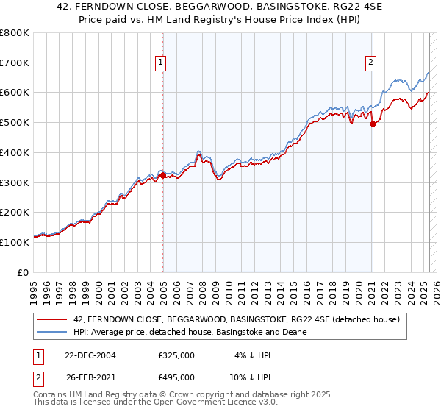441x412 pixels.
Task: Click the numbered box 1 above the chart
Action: pos(159,63)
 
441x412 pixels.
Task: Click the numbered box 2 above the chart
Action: pos(371,63)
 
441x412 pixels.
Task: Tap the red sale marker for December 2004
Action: pos(163,174)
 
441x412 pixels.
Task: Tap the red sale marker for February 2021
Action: pos(373,124)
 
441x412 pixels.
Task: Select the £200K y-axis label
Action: pos(16,213)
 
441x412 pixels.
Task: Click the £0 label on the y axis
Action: pos(24,272)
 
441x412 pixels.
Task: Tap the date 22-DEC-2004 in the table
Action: pos(90,355)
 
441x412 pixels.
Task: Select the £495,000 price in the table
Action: pos(176,377)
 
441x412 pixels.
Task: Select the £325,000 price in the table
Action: pos(176,355)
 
